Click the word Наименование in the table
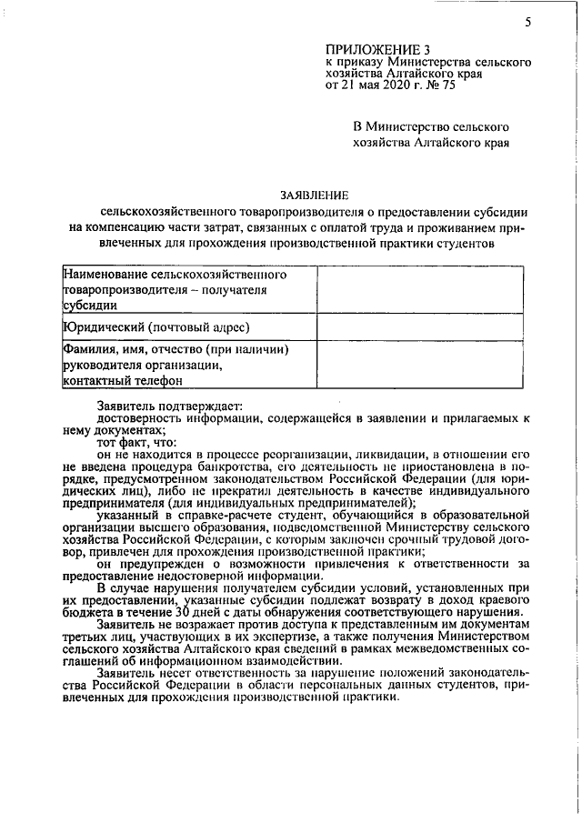[105, 273]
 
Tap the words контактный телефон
[122, 381]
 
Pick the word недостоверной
[196, 576]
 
